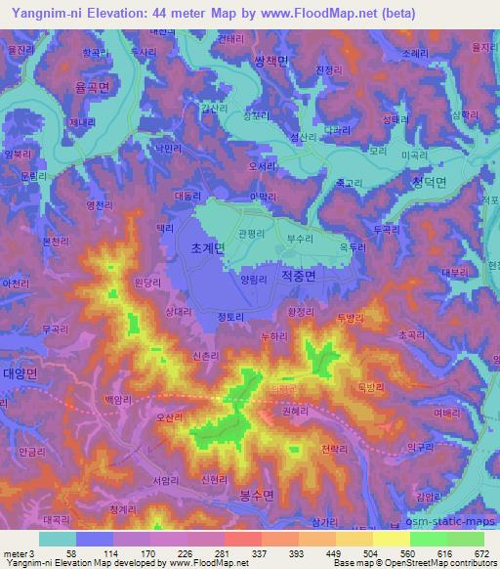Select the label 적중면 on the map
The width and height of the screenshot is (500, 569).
(298, 277)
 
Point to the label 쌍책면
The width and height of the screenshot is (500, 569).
(272, 61)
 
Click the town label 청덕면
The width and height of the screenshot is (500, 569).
(428, 182)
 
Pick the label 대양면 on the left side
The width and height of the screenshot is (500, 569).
(20, 373)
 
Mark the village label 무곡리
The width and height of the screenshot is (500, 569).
(56, 330)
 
